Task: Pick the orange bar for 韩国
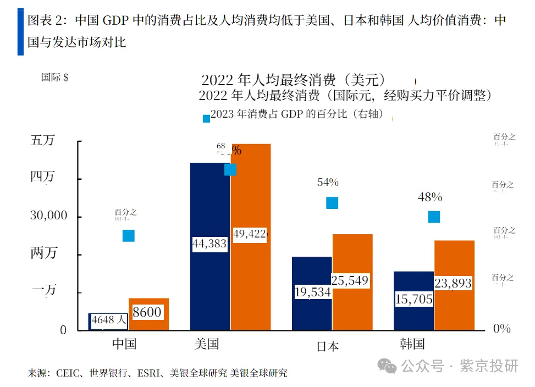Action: point(454,308)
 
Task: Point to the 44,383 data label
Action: point(209,244)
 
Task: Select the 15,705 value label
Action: point(413,299)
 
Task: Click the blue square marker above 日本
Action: point(332,203)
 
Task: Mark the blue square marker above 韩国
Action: point(434,217)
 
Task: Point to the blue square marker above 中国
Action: point(129,235)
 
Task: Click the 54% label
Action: point(328,183)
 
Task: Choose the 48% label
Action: point(429,197)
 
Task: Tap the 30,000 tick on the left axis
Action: point(48,216)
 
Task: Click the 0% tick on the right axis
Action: point(502,329)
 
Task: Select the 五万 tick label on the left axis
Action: point(42,141)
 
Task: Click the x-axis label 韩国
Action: point(412,345)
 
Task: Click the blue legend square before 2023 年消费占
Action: point(206,118)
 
